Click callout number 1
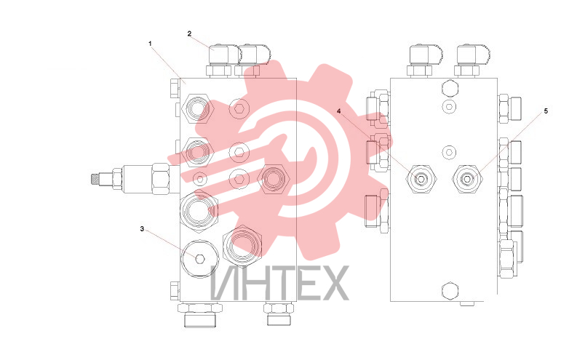click(151, 44)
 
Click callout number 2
click(189, 33)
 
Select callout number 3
click(142, 229)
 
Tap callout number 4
click(338, 111)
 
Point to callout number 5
click(546, 111)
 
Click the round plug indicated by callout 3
click(200, 258)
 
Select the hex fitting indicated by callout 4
click(421, 178)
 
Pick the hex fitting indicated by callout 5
click(467, 178)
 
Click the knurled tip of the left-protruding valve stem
click(95, 178)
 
